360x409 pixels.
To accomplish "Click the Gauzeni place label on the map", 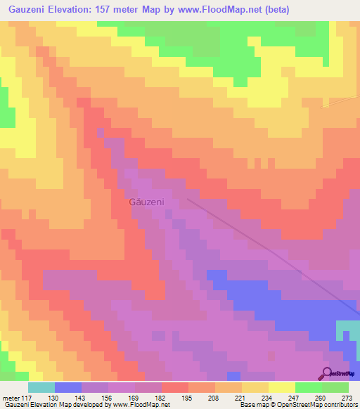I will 146,202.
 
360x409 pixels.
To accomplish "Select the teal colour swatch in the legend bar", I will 41,387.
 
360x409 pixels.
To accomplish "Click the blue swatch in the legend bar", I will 68,387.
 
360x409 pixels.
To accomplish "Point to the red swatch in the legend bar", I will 175,387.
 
